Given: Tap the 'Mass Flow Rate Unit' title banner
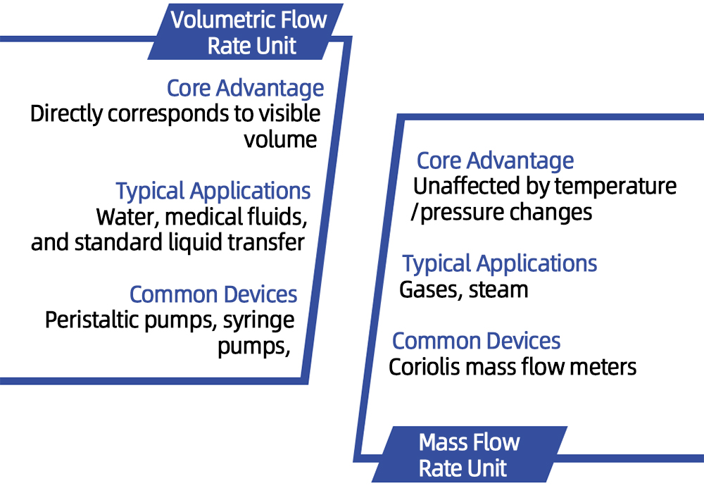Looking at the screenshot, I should pos(469,455).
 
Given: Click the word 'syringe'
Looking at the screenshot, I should pos(258,321).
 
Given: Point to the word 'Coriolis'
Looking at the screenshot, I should pos(421,367).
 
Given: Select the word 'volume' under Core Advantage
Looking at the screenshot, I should pos(280,139).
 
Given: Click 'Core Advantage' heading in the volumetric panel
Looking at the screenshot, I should pos(245,89).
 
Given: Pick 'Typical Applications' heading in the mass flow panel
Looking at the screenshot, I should pos(500,264).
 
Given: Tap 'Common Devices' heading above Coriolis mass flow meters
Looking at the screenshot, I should pos(476,341).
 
